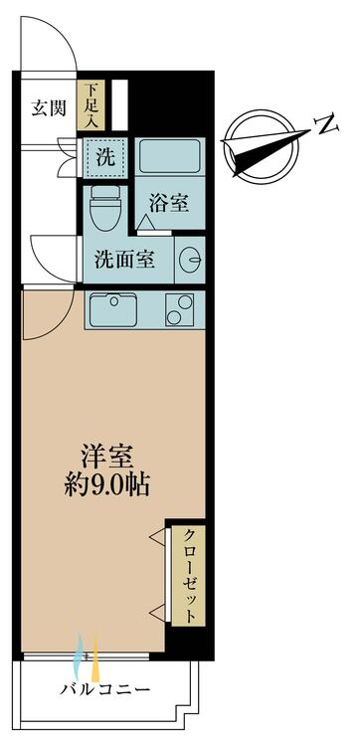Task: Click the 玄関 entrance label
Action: [49, 109]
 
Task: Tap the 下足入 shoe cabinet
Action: [90, 105]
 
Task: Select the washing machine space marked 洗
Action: [105, 158]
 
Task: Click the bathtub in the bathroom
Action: [169, 155]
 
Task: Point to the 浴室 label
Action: [170, 204]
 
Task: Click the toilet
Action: [105, 207]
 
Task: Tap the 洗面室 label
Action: [124, 260]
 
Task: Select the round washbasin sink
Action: [191, 260]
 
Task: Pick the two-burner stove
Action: [180, 309]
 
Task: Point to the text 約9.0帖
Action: [107, 485]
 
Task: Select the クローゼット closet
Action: [188, 576]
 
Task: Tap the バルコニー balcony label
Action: [104, 689]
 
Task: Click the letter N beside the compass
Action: [327, 124]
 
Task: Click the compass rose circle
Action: [262, 147]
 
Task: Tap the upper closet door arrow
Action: [157, 537]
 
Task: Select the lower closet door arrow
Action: [157, 612]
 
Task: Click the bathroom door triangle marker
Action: [144, 222]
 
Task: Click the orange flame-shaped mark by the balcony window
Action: [95, 658]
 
